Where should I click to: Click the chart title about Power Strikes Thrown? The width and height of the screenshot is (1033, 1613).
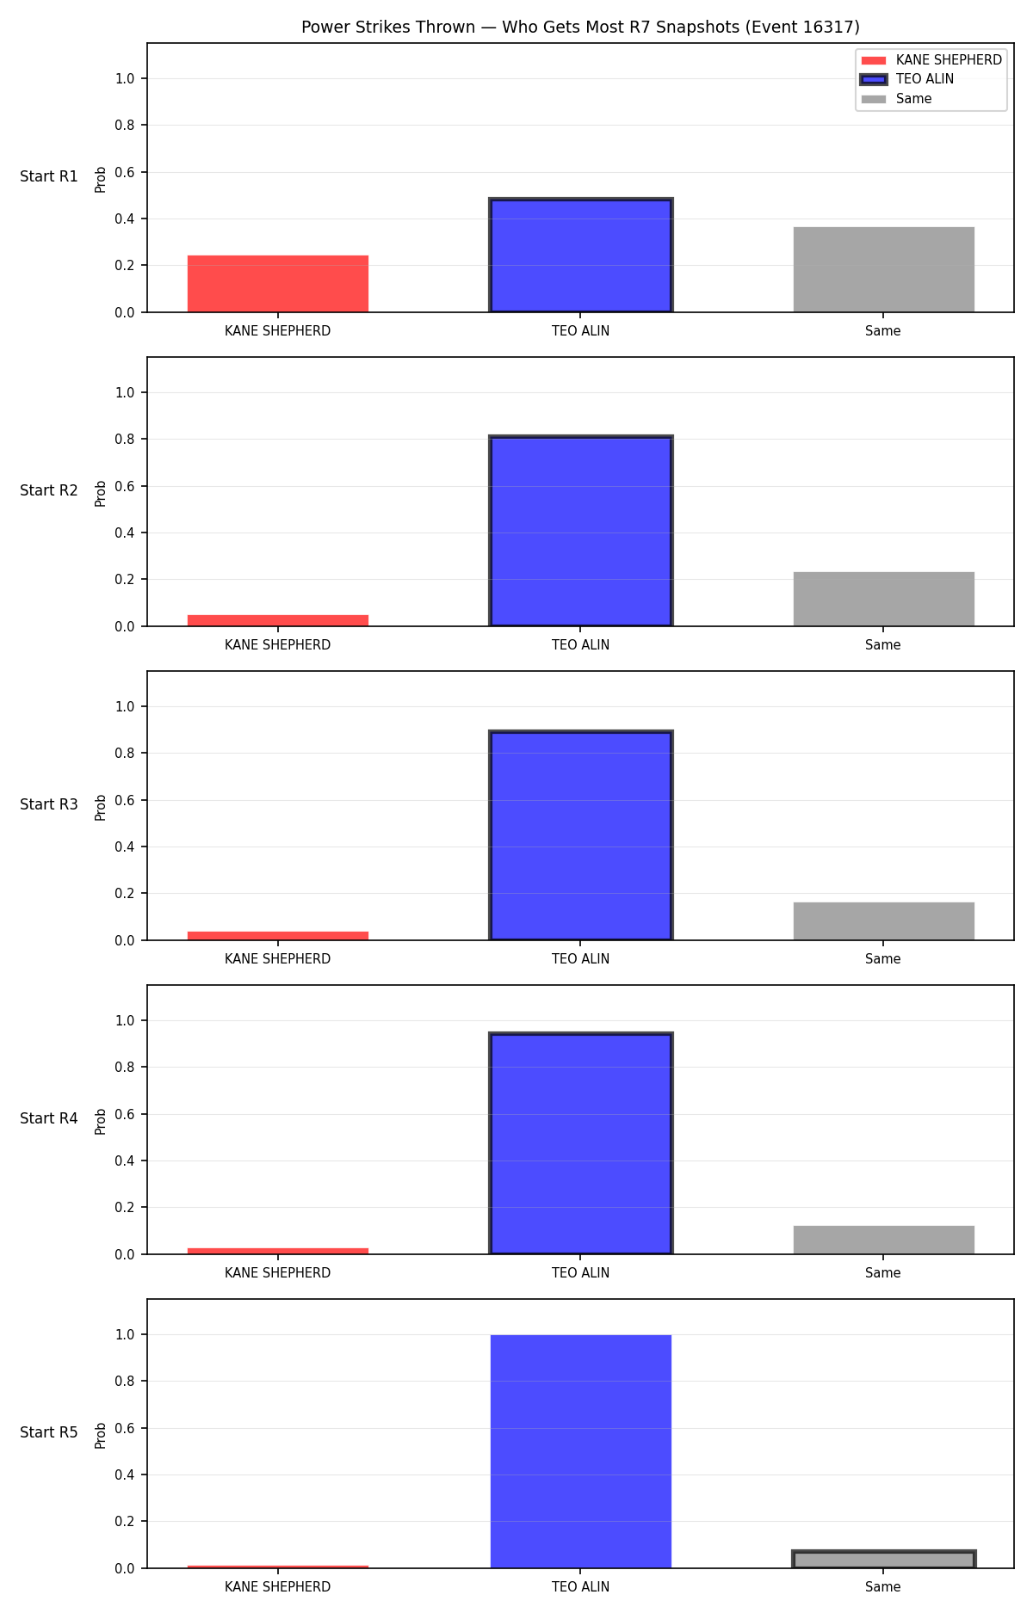tap(580, 27)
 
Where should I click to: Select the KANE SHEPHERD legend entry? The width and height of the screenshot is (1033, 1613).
tap(931, 60)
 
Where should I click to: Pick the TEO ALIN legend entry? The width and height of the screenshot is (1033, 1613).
tap(908, 79)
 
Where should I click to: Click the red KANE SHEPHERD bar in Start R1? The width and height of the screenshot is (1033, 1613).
tap(278, 284)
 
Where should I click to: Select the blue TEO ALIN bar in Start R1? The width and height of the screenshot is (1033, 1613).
tap(581, 255)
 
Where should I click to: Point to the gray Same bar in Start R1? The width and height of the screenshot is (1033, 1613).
tap(884, 269)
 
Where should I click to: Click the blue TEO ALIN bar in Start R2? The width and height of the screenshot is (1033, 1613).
tap(581, 532)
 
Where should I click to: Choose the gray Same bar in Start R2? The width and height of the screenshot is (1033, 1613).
tap(884, 599)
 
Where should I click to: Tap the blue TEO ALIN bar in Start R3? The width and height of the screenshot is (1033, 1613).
tap(581, 835)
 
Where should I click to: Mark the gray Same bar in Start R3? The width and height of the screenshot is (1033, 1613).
tap(884, 921)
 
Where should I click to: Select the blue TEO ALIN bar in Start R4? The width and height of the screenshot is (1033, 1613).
tap(581, 1143)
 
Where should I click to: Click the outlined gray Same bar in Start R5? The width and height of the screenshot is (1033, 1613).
tap(884, 1560)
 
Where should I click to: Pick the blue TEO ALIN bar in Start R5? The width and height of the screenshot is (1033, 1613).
tap(581, 1451)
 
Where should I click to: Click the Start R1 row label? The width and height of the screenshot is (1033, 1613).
tap(49, 176)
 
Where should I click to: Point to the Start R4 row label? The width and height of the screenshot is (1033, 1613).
tap(49, 1118)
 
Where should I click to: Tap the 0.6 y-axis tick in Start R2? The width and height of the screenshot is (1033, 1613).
tap(125, 486)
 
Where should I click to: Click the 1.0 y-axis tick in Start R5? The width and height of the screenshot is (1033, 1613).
tap(125, 1334)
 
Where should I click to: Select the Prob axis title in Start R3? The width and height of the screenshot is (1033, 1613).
tap(101, 807)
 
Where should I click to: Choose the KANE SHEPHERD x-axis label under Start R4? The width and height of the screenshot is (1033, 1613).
tap(277, 1273)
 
